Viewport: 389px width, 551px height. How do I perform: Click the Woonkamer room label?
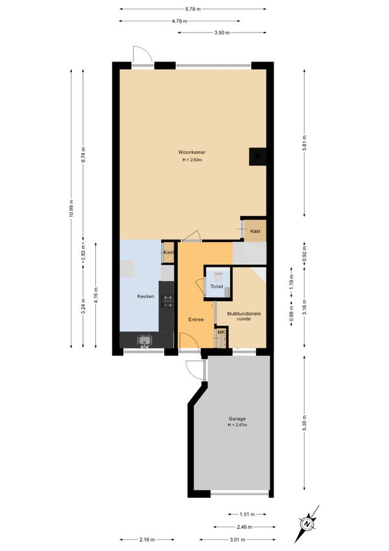click(x=192, y=153)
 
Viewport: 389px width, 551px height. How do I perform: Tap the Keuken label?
click(x=145, y=296)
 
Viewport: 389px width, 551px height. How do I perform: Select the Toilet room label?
click(x=217, y=286)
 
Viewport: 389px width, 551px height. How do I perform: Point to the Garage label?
click(x=237, y=419)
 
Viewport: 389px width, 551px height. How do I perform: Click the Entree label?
click(x=196, y=319)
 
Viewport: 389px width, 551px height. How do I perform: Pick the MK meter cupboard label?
click(x=221, y=332)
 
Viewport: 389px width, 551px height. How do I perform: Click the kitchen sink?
click(x=145, y=340)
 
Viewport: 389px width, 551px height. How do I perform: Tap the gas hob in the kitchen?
click(x=167, y=301)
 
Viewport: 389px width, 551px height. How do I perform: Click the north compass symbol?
click(x=308, y=524)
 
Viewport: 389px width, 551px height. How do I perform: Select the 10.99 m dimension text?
click(x=71, y=209)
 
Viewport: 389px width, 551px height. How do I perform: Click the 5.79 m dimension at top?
click(x=193, y=9)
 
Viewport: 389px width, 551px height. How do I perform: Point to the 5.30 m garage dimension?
click(x=304, y=422)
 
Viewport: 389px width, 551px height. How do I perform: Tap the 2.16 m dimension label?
click(x=147, y=539)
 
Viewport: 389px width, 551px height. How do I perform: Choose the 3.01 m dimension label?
click(x=238, y=539)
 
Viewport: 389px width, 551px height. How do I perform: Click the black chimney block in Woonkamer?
click(x=257, y=156)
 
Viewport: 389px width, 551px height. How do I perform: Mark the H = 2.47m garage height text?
click(x=237, y=425)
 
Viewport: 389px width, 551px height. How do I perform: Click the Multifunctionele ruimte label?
click(x=244, y=316)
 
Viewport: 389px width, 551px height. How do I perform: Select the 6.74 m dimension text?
click(x=83, y=154)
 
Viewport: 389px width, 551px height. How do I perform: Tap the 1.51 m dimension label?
click(x=247, y=514)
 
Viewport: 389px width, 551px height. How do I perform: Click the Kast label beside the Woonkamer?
click(x=255, y=231)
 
